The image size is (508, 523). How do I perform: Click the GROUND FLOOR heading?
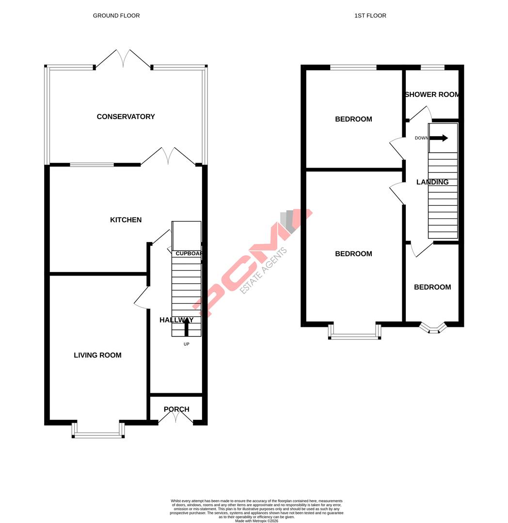tap(116, 15)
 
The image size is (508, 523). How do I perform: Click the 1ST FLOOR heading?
tap(370, 15)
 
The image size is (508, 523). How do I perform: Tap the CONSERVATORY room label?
tap(126, 117)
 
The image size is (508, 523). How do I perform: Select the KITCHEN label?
tap(126, 220)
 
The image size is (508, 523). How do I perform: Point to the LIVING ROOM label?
tap(97, 355)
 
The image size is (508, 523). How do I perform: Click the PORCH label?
tap(176, 409)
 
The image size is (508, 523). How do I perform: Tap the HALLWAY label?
tap(176, 320)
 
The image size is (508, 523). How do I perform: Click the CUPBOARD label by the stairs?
tap(189, 253)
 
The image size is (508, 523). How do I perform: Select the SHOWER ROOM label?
tap(432, 94)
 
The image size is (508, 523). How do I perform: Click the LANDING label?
tap(432, 182)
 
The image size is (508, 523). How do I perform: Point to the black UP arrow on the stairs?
tap(186, 327)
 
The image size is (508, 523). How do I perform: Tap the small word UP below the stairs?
tap(186, 344)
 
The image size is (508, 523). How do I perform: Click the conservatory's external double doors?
tap(123, 59)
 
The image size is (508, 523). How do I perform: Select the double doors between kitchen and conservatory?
tap(168, 156)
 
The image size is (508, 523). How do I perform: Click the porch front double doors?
tap(175, 417)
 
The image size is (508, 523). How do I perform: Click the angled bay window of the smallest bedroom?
tap(432, 329)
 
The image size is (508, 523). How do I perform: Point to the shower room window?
tap(432, 67)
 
